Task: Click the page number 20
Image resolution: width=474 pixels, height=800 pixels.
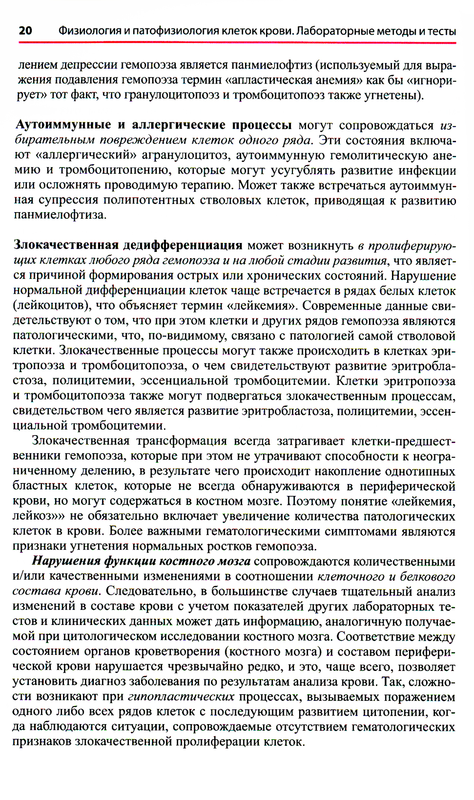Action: click(25, 31)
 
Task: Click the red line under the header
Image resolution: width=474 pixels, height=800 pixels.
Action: click(237, 43)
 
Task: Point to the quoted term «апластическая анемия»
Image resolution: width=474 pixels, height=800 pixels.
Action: click(296, 80)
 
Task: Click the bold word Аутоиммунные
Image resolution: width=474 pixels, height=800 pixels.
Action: click(64, 125)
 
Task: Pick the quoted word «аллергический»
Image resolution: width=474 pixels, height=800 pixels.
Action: click(89, 155)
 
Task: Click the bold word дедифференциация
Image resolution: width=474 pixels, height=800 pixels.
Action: click(182, 245)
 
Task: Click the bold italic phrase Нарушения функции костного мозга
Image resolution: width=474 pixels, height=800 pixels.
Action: click(141, 561)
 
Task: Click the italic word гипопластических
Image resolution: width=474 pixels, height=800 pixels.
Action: click(181, 697)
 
